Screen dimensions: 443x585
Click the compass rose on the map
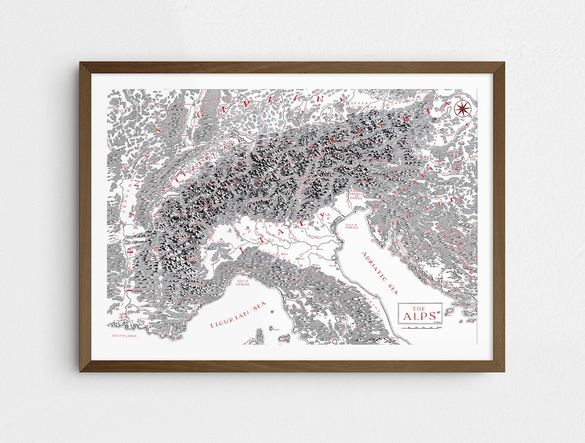(463, 109)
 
